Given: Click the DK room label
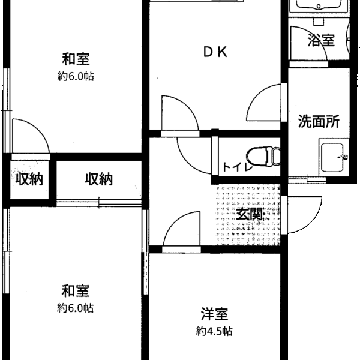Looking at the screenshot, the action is [x=215, y=52].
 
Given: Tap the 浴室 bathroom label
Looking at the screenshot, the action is [x=321, y=40].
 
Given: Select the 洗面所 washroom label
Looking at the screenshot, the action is [x=319, y=121].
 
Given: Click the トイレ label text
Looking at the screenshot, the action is [x=237, y=167].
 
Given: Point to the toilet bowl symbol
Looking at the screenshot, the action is [x=263, y=157].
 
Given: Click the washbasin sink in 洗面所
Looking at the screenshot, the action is [x=334, y=157].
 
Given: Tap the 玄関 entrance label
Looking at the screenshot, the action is [x=250, y=214].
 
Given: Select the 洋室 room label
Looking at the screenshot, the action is [x=214, y=314].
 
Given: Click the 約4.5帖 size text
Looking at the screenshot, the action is [x=214, y=331].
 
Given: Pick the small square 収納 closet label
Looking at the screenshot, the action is [x=29, y=179].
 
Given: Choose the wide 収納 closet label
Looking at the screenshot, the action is [x=99, y=179].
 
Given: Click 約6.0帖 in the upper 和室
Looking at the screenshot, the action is [x=76, y=76].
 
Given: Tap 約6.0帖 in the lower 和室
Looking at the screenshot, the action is [x=76, y=308].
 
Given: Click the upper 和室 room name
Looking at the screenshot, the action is [x=76, y=59].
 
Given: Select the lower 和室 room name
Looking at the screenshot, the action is [x=75, y=290].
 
